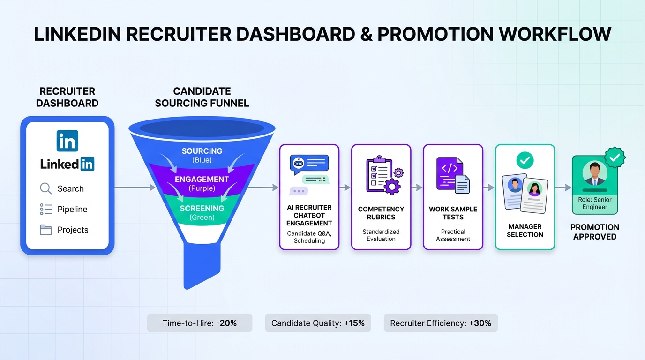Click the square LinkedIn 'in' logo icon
coord(67,141)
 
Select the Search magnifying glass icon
coord(46,188)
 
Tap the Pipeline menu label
coord(72,209)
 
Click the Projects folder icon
coord(46,230)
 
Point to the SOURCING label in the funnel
coord(202,151)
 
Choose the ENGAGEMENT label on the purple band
coord(202,180)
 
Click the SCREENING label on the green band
coord(202,208)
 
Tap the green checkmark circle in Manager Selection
coord(525,160)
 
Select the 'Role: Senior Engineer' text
coord(595,203)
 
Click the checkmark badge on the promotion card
coord(615,157)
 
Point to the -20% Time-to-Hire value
coord(226,323)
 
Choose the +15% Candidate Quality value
coord(354,323)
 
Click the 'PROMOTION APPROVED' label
coord(595,232)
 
